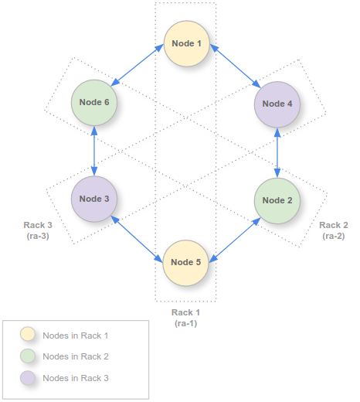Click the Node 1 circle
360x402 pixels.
pyautogui.click(x=185, y=43)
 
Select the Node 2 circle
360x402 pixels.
pyautogui.click(x=277, y=200)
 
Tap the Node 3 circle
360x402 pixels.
pyautogui.click(x=94, y=199)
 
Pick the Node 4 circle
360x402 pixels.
pyautogui.click(x=277, y=104)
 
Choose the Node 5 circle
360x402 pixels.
pyautogui.click(x=185, y=262)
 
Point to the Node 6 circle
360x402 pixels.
pyautogui.click(x=94, y=103)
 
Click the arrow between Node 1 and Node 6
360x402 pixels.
pyautogui.click(x=140, y=67)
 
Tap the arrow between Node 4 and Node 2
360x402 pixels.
pyautogui.click(x=277, y=152)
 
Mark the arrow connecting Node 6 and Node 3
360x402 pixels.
pyautogui.click(x=94, y=151)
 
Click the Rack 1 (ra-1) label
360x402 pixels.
pyautogui.click(x=185, y=318)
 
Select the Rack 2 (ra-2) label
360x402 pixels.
pyautogui.click(x=334, y=230)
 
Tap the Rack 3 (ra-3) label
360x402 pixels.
pyautogui.click(x=36, y=230)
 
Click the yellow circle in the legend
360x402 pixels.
pyautogui.click(x=29, y=335)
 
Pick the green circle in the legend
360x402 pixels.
pyautogui.click(x=29, y=356)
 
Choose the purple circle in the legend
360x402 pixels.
pyautogui.click(x=29, y=378)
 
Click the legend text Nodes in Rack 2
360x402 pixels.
pyautogui.click(x=76, y=356)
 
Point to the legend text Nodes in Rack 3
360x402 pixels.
pyautogui.click(x=76, y=378)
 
